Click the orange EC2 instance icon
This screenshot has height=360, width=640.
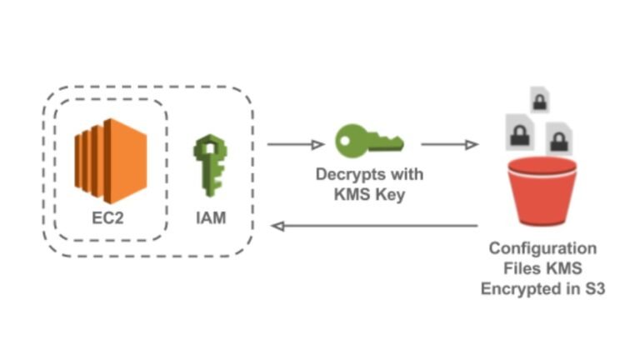click(x=109, y=160)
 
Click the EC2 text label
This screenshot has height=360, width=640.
click(x=109, y=219)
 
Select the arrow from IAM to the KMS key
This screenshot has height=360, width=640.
click(x=295, y=145)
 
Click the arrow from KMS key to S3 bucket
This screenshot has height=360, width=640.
click(x=449, y=145)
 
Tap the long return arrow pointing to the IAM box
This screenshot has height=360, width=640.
click(x=375, y=226)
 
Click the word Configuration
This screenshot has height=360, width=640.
click(x=542, y=248)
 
